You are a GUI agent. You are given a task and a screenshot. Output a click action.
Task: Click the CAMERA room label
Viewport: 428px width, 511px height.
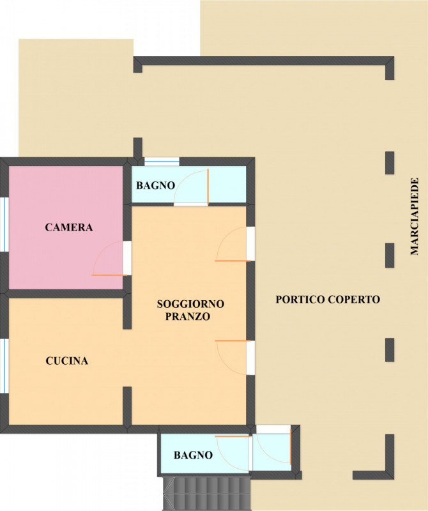69,227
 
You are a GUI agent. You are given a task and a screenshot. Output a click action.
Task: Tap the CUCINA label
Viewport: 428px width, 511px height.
67,361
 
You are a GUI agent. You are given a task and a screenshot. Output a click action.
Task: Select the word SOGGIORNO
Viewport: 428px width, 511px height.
191,304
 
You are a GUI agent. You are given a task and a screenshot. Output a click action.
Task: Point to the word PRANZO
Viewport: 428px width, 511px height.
188,316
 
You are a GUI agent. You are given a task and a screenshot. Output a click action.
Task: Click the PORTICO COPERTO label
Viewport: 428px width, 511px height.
328,299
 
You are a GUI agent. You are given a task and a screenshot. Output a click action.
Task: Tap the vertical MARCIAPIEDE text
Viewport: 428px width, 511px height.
414,216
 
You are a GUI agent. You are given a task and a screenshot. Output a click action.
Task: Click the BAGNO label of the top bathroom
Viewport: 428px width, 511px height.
155,185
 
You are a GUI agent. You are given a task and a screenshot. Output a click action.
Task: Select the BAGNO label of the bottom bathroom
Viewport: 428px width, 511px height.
194,455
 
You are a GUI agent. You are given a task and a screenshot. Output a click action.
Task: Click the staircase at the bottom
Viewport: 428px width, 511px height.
206,494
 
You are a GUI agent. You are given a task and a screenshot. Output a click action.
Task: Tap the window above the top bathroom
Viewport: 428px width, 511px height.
162,162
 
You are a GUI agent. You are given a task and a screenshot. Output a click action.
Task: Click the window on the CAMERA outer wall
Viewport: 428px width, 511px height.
4,224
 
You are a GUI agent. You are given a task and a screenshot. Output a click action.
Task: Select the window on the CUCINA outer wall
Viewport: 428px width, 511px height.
4,365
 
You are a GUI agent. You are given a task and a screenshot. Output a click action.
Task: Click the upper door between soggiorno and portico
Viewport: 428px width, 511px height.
233,244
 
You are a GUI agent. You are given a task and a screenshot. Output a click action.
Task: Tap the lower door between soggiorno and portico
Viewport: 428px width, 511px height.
233,358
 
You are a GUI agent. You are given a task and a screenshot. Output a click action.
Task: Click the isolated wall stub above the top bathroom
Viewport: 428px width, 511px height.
138,148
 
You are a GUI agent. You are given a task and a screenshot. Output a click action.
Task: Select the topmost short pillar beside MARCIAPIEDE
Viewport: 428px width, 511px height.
390,163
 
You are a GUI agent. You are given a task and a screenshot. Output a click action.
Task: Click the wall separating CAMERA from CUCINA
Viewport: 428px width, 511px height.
65,293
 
